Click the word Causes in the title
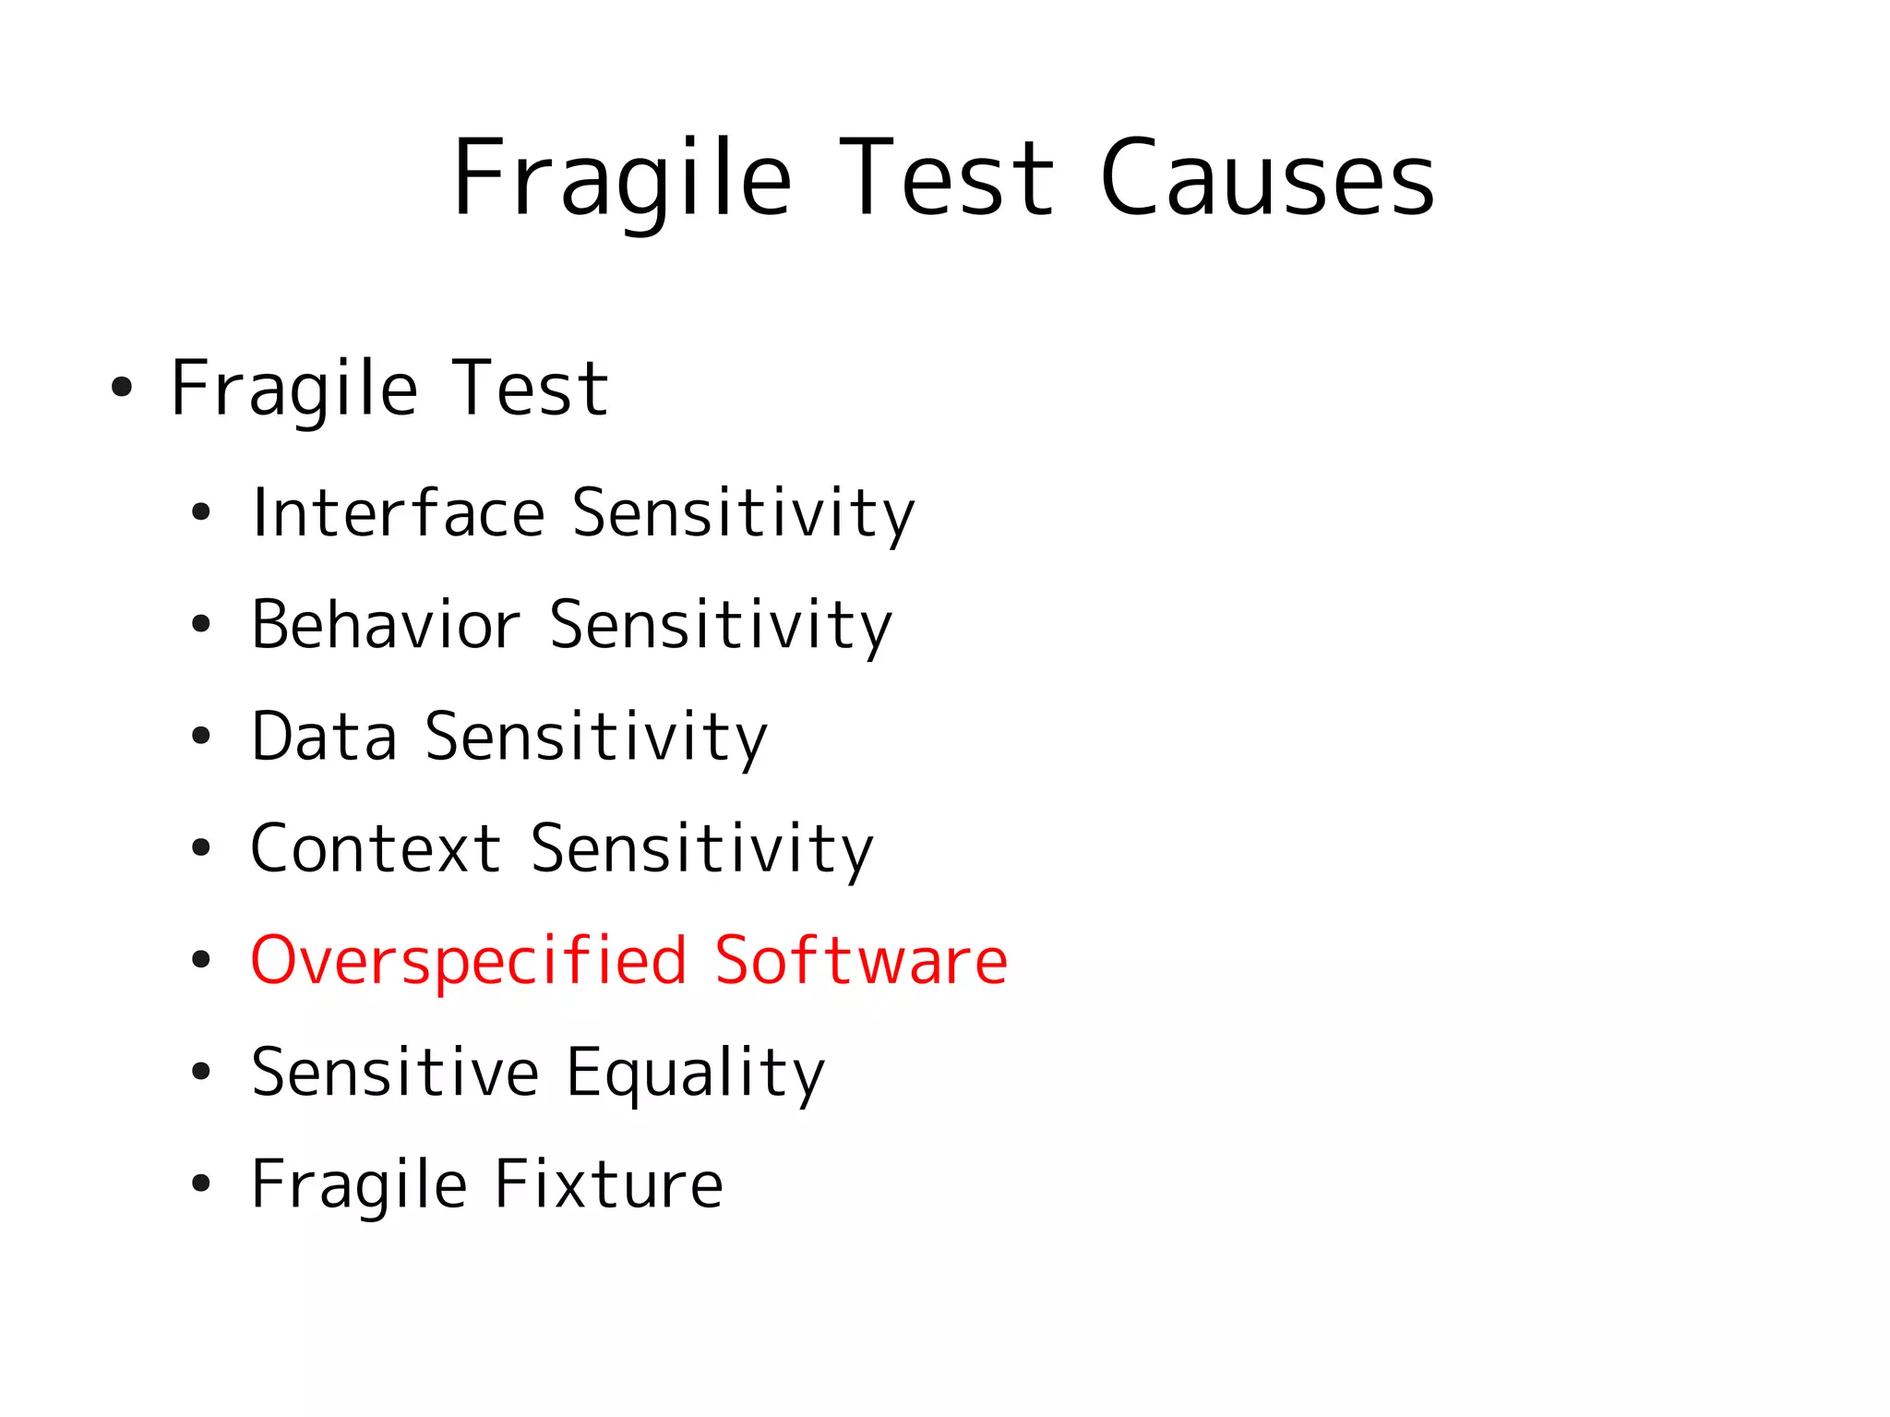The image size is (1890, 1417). point(1267,178)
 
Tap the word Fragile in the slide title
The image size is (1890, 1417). point(621,178)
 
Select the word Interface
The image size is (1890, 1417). point(398,512)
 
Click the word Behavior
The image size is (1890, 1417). point(385,625)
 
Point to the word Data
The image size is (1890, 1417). point(324,737)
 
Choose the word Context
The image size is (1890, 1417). point(376,848)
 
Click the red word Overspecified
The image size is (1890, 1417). point(469,960)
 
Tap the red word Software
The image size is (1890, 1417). point(860,960)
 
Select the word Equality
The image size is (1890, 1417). point(695,1073)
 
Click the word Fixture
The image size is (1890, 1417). point(608,1184)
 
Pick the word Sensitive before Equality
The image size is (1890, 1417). point(395,1073)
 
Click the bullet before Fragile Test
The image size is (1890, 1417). point(122,388)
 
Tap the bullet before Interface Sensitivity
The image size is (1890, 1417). point(201,513)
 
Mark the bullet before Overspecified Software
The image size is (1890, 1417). point(201,960)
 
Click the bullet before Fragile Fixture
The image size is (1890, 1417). point(201,1184)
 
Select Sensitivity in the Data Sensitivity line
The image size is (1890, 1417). point(596,737)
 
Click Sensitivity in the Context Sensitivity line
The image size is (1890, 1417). point(701,848)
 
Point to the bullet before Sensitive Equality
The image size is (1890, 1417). point(201,1073)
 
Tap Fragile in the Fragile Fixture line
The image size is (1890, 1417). point(359,1184)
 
